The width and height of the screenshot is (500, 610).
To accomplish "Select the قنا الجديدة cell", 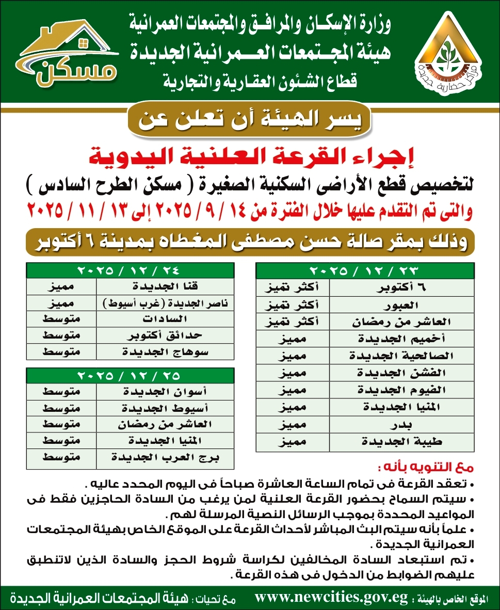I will tap(165, 286).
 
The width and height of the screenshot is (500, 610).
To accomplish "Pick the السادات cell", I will tap(165, 319).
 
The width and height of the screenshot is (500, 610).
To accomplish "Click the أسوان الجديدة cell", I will tap(165, 391).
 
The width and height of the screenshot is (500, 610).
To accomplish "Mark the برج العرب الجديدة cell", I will tap(165, 458).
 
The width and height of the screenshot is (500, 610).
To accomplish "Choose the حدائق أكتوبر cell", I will tap(165, 336).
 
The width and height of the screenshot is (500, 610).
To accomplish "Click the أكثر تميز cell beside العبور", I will tap(292, 305).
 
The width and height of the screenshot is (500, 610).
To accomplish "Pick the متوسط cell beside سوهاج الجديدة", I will tap(61, 352).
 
